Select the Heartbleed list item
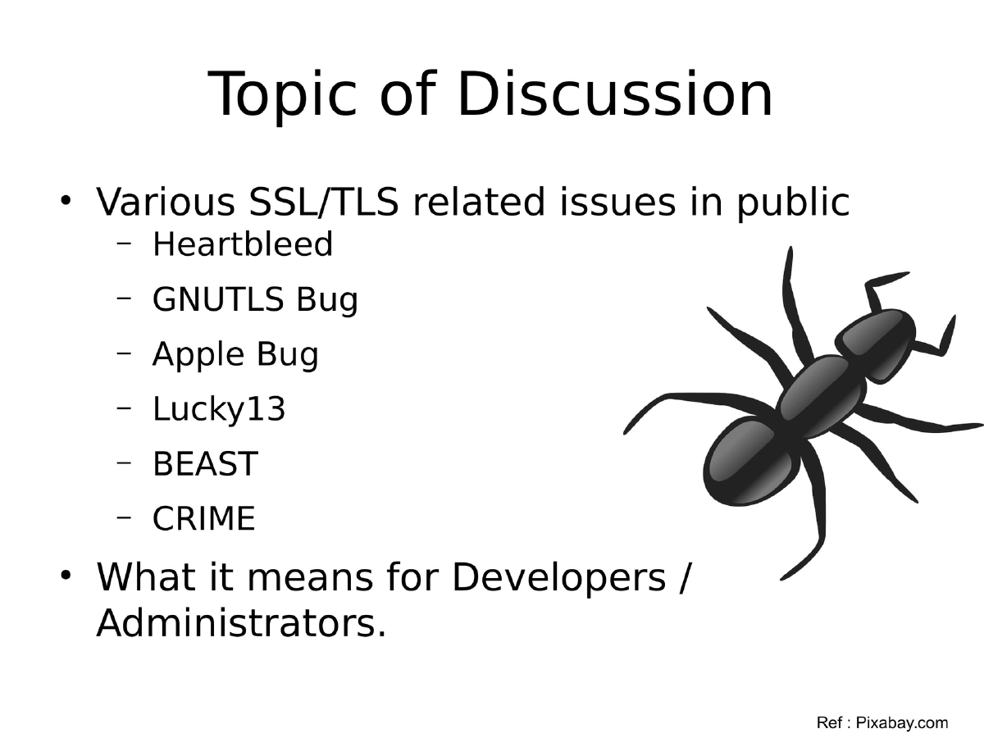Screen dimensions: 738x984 (243, 244)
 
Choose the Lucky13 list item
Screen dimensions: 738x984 (219, 409)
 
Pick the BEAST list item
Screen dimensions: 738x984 (205, 464)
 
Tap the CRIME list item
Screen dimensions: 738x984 (204, 519)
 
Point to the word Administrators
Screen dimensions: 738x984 (240, 625)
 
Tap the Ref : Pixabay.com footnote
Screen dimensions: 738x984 (882, 722)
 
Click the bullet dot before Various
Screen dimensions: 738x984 (66, 200)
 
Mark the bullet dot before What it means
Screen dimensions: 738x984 (66, 576)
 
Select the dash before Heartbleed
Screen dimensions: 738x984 (125, 243)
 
